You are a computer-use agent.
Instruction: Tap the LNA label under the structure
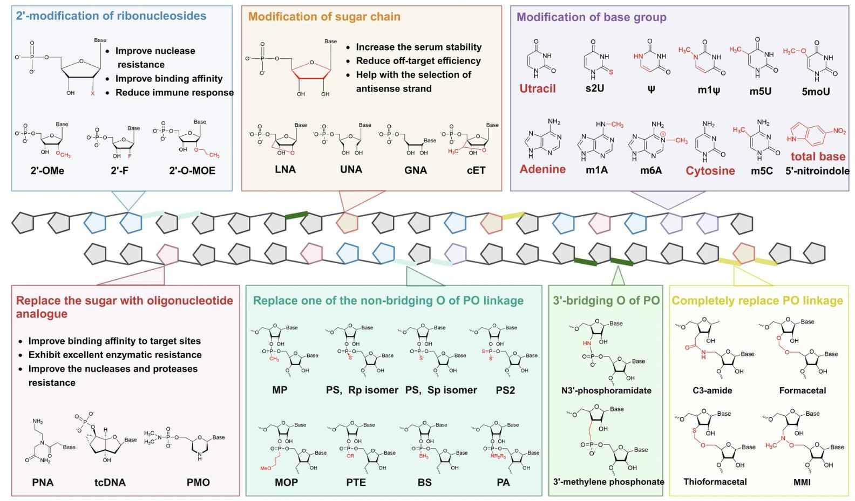pyautogui.click(x=285, y=169)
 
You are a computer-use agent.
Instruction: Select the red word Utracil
pyautogui.click(x=538, y=88)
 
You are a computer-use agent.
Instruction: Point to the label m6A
pyautogui.click(x=651, y=170)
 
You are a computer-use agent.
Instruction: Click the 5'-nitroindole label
pyautogui.click(x=817, y=171)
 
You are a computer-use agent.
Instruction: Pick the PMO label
pyautogui.click(x=198, y=482)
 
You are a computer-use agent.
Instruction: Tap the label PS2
pyautogui.click(x=505, y=390)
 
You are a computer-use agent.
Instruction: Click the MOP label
pyautogui.click(x=286, y=482)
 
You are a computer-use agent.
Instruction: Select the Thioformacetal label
pyautogui.click(x=715, y=482)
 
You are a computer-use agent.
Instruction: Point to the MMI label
pyautogui.click(x=802, y=482)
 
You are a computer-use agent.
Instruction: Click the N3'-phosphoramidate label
pyautogui.click(x=606, y=390)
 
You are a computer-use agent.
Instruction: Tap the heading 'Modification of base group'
pyautogui.click(x=591, y=17)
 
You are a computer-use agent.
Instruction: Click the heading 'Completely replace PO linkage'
pyautogui.click(x=757, y=300)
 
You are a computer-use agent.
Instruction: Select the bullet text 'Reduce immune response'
pyautogui.click(x=174, y=92)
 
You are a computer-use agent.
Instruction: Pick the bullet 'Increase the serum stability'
pyautogui.click(x=418, y=47)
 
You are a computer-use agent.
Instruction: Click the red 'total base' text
pyautogui.click(x=818, y=156)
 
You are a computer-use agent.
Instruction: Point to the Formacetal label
pyautogui.click(x=802, y=390)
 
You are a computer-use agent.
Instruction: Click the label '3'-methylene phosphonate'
pyautogui.click(x=608, y=482)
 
